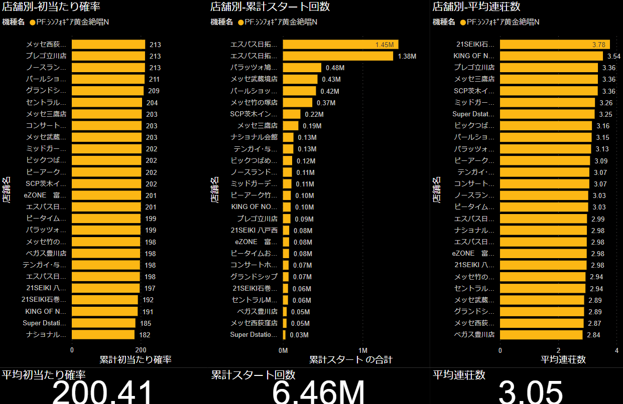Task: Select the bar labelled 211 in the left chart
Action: coord(107,79)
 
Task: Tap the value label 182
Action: coord(145,335)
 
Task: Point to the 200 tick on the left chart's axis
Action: coord(141,349)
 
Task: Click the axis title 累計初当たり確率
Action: coord(136,359)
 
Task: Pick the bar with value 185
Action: coord(103,323)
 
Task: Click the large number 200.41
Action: coord(102,391)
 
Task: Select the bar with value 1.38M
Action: coord(337,56)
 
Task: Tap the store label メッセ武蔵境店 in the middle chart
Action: coord(254,79)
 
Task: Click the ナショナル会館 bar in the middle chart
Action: coord(288,137)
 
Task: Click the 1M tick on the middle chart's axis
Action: coord(362,349)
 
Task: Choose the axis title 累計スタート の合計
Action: coord(350,359)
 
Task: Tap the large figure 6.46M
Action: coord(318,391)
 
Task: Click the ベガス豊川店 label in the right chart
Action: coord(474,335)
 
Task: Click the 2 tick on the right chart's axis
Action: coord(558,349)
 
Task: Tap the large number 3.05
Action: coord(531,391)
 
